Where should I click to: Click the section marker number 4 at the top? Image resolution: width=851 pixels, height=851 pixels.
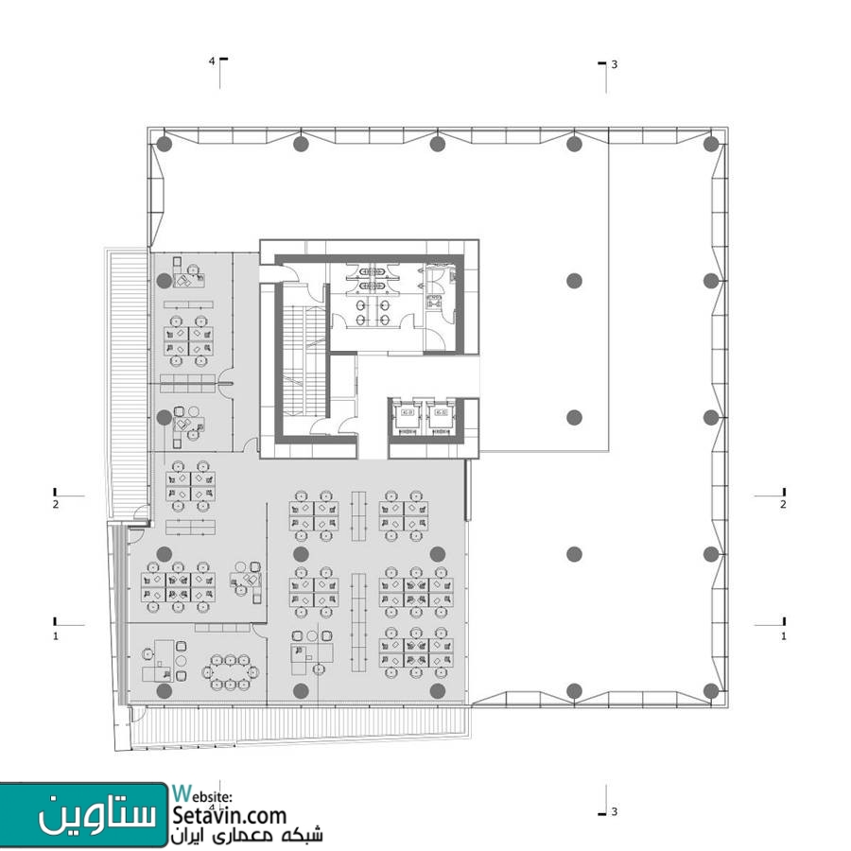[212, 61]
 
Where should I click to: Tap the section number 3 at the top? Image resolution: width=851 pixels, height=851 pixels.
[615, 64]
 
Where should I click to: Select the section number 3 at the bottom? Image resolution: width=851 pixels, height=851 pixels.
[615, 811]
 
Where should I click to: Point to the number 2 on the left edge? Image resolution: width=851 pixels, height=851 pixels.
[56, 504]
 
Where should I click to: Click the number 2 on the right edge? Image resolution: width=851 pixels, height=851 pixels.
[783, 504]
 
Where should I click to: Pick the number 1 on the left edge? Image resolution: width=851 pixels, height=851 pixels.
[56, 635]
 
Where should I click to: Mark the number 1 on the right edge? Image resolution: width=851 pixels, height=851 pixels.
[784, 635]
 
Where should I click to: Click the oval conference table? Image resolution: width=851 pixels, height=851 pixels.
[231, 672]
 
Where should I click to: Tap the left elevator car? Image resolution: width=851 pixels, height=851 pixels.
[407, 417]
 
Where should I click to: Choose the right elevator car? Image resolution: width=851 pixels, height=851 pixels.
[440, 417]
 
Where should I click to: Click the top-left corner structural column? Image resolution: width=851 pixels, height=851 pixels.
[165, 144]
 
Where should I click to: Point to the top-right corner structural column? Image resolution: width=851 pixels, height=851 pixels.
[711, 144]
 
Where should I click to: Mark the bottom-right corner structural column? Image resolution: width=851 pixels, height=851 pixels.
[711, 691]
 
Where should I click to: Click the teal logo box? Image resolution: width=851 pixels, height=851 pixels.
[83, 814]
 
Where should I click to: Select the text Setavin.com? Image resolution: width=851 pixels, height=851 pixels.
[230, 816]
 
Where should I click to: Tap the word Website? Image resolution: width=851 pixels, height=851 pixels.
[203, 794]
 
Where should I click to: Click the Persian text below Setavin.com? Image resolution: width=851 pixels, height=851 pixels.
[248, 836]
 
